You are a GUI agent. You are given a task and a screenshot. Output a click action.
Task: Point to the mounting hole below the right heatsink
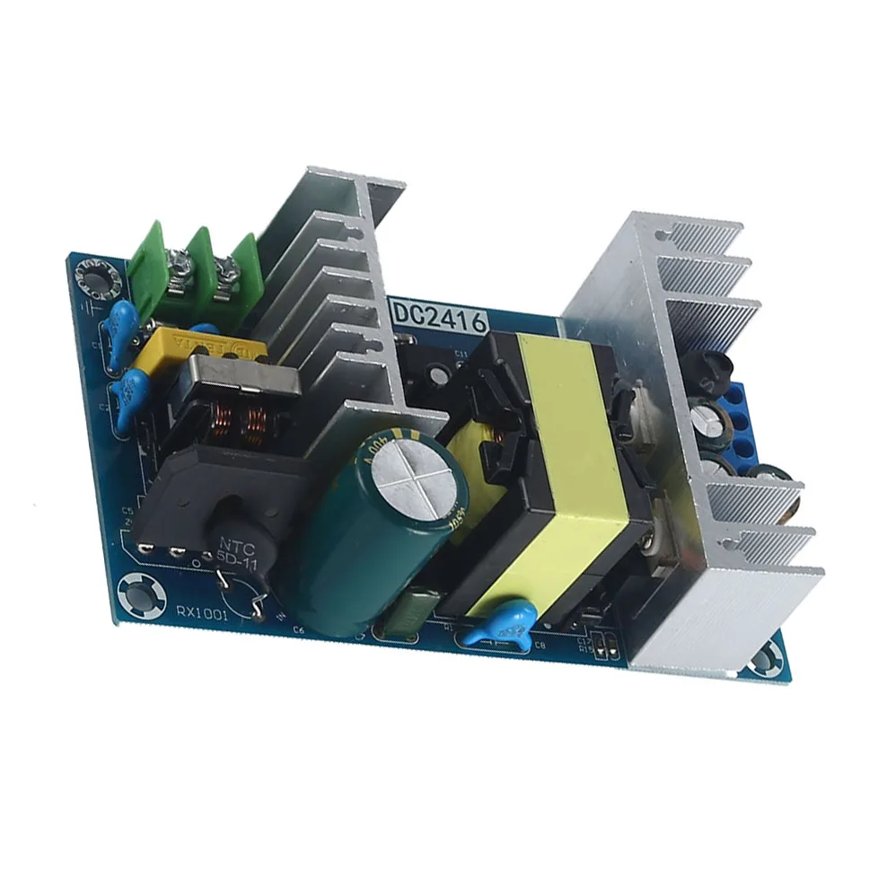click(764, 660)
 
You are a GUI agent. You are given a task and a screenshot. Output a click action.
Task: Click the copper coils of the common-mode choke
click(238, 418)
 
